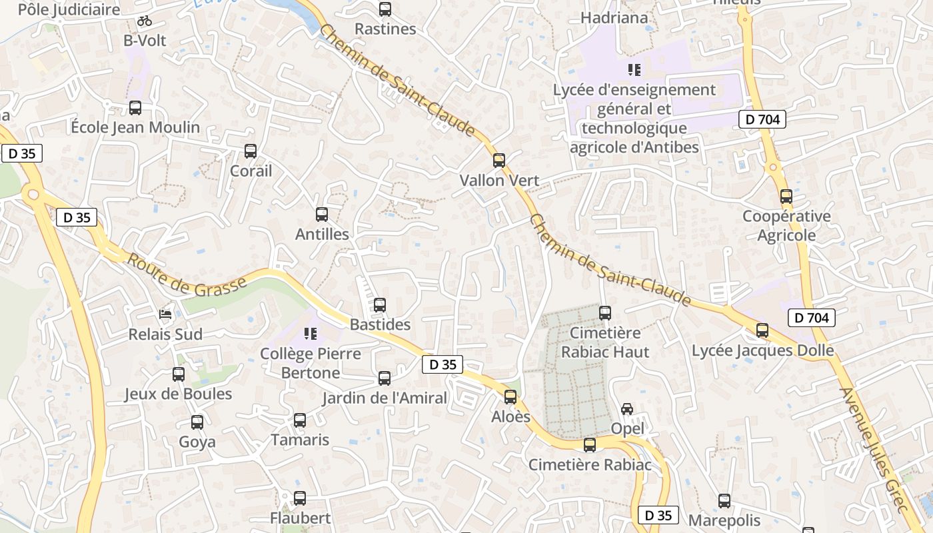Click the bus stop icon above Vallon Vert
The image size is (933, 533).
coord(498,161)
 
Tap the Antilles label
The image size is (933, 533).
coord(322,234)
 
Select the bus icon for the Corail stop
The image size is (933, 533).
coord(251,151)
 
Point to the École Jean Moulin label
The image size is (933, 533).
coord(135,127)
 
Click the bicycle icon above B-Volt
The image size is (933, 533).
coord(145,21)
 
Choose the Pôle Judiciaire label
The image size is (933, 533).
coord(69,9)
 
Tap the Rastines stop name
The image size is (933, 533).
coord(385,29)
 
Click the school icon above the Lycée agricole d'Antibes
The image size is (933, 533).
coord(634,69)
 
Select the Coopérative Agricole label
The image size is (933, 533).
coord(787,226)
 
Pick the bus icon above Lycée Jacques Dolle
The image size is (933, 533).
coord(762,330)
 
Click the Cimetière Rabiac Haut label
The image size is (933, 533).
coord(605,342)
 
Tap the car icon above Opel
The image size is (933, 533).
coord(627,408)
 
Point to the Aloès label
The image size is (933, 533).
coord(510,417)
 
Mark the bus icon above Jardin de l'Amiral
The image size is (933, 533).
coord(385,378)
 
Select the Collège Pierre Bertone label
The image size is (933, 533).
coord(311,363)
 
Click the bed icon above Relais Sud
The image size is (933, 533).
coord(165,314)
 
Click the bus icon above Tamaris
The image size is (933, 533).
coord(300,420)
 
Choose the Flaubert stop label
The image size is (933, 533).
coord(300,518)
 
